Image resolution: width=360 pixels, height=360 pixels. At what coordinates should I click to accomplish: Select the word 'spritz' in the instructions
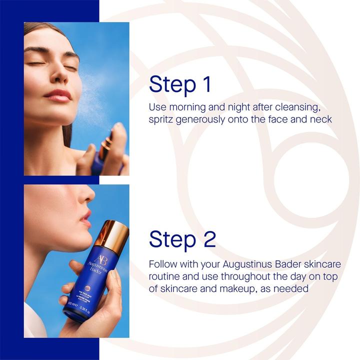click(162, 120)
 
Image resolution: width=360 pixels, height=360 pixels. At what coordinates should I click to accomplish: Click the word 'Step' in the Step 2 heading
click(171, 239)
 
